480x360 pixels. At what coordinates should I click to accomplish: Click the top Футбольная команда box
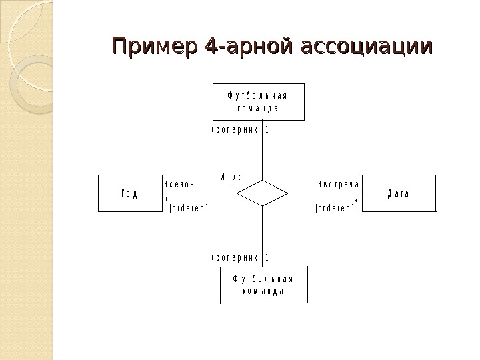(x=257, y=103)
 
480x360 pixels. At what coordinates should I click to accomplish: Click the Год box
(x=129, y=193)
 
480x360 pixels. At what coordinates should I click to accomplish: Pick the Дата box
(x=398, y=193)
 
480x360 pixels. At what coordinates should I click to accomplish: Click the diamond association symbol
(x=263, y=193)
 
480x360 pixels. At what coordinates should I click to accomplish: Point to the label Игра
(x=231, y=177)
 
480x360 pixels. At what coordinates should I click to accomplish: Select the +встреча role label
(x=339, y=184)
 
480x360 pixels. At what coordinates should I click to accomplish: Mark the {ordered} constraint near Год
(x=189, y=208)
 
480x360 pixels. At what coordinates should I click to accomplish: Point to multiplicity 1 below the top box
(x=267, y=130)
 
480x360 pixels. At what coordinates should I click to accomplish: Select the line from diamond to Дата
(x=327, y=193)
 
